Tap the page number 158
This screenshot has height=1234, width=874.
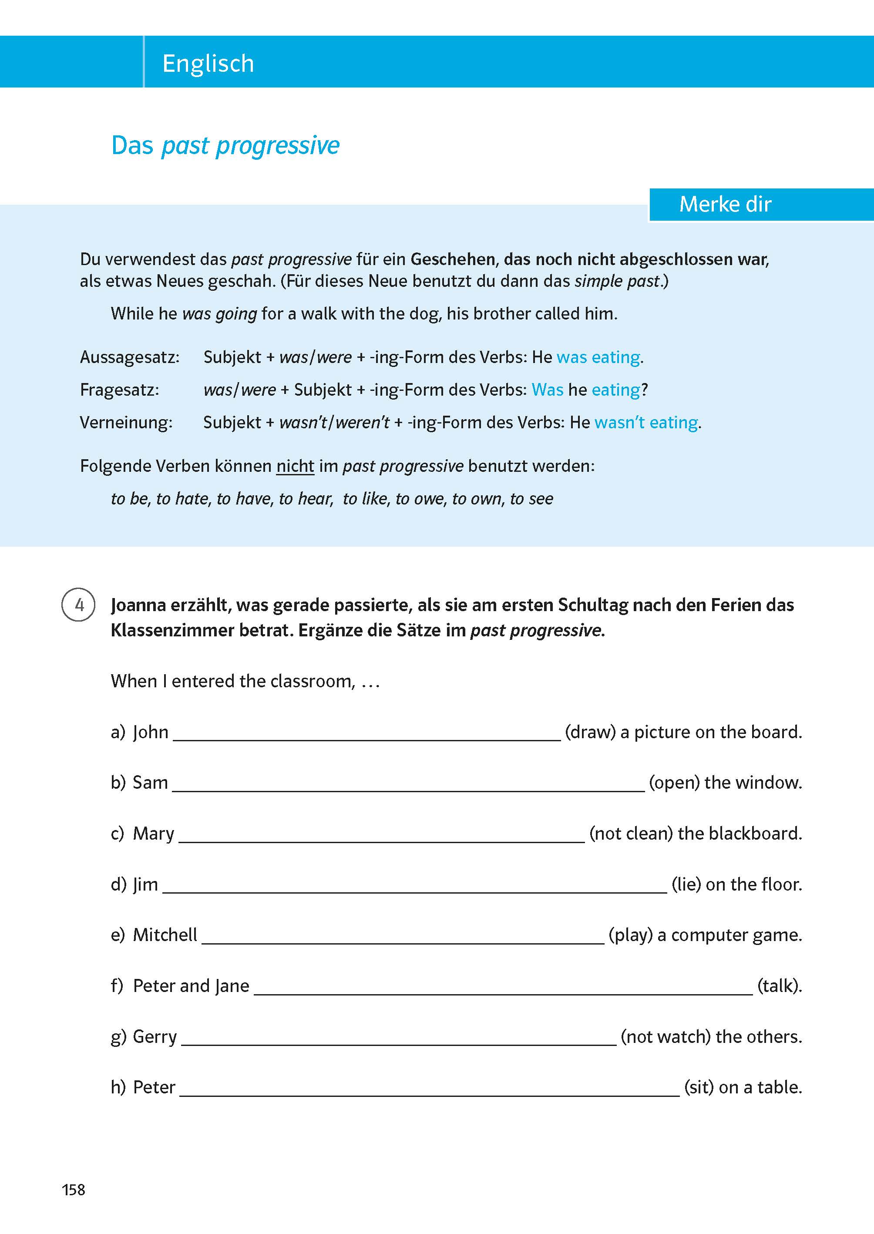[73, 1190]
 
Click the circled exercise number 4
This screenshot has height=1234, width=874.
[79, 605]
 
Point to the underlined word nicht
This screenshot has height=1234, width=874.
[295, 466]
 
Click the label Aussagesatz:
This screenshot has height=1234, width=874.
[130, 357]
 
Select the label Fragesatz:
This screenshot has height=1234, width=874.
[119, 390]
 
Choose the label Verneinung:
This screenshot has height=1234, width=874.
[126, 423]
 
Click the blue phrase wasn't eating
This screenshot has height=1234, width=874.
[646, 423]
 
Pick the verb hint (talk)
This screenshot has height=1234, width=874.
[779, 986]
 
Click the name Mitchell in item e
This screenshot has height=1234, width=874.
[165, 935]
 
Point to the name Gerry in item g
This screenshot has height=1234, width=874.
[155, 1036]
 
